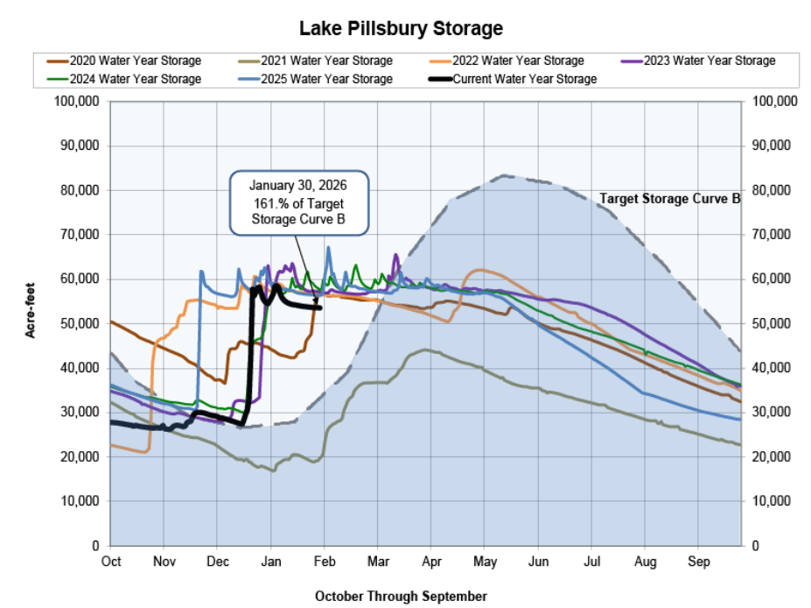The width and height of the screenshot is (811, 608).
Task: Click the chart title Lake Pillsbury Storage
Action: coord(402,28)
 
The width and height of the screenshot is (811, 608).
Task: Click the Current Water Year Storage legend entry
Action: coord(525,79)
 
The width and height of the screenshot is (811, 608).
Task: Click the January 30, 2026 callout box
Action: coord(299,202)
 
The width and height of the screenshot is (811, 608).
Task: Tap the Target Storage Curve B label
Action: coord(669,199)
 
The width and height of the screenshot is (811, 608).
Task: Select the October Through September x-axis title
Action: coord(401,596)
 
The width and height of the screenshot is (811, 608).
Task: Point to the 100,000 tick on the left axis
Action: coord(76,102)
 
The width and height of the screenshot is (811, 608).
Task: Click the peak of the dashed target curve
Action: coord(506,176)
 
